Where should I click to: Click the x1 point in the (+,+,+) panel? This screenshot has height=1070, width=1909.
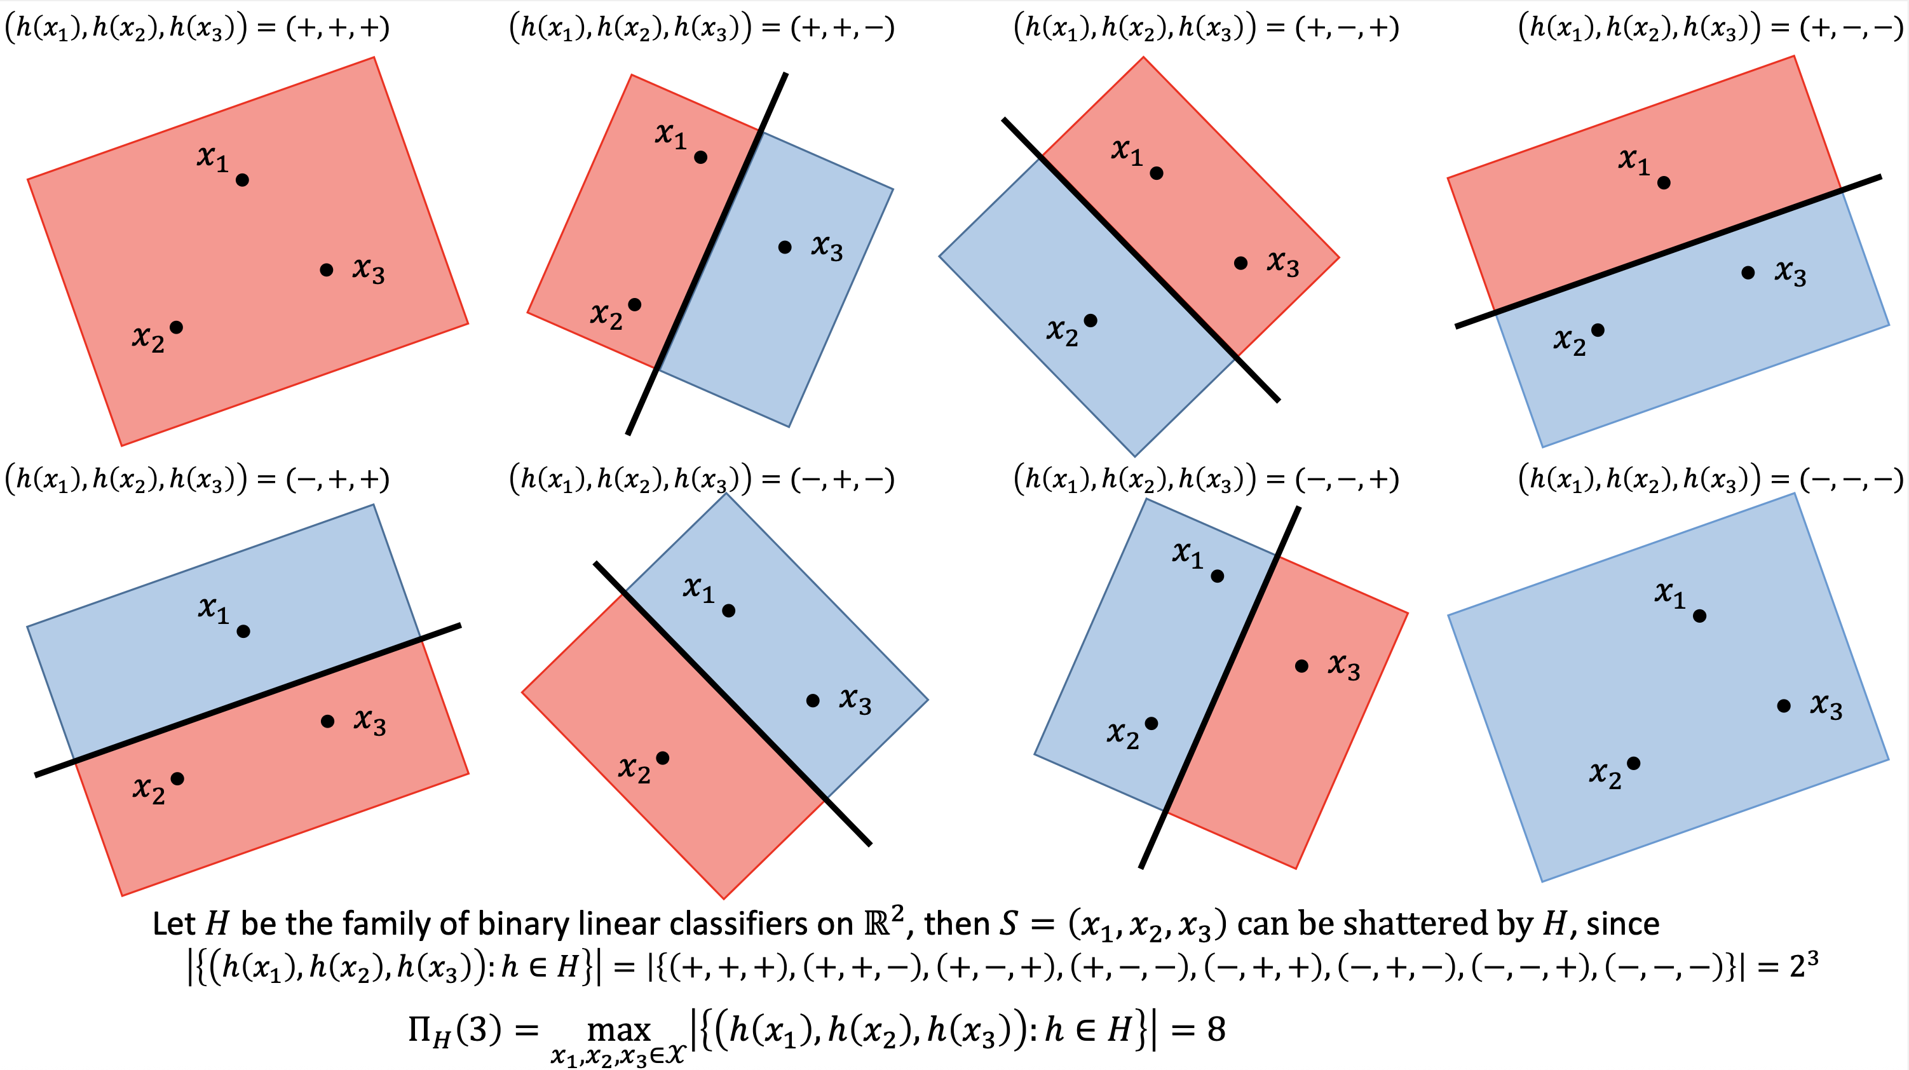coord(242,180)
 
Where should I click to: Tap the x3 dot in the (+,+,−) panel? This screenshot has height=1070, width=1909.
coord(785,247)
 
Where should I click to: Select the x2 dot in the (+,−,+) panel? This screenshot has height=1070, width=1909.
coord(1090,321)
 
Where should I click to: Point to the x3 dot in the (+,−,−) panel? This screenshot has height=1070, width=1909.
coord(1748,273)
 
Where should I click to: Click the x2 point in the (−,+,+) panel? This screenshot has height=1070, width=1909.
coord(177,778)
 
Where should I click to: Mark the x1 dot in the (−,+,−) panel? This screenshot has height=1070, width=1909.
coord(728,611)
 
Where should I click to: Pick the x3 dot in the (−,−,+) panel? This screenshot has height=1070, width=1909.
coord(1301,666)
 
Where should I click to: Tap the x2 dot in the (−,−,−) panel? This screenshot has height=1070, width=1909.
coord(1633,763)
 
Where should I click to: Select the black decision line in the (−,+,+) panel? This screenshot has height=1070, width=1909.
coord(248,700)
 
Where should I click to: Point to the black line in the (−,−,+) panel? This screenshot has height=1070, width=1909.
coord(1219,686)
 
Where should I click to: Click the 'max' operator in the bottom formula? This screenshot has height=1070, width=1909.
coord(618,1030)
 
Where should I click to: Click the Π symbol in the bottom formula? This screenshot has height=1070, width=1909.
coord(424,1030)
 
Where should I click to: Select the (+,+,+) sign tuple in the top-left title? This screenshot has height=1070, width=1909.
coord(338,28)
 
